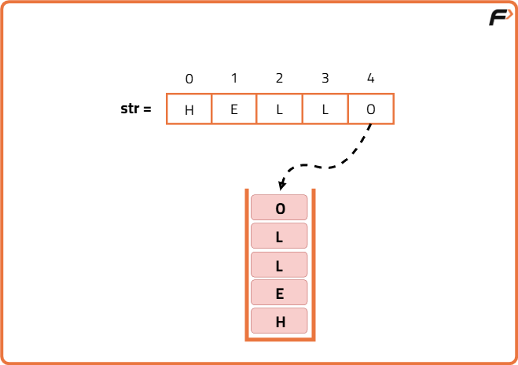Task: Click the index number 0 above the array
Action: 189,79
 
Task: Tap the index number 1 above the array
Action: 234,78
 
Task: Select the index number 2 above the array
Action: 280,78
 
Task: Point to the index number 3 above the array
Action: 325,78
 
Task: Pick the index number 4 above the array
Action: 371,78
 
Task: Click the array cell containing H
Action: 189,109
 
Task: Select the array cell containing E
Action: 234,109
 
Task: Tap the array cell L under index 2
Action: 280,109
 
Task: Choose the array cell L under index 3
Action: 325,109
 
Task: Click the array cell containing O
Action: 371,109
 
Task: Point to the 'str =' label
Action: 136,109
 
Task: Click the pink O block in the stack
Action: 279,208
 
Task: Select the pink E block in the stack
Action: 279,293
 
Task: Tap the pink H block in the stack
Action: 279,320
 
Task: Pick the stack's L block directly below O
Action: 279,236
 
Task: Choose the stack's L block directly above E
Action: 279,264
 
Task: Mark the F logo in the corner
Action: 501,17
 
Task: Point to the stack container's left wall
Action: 247,264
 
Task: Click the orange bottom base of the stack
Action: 280,339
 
